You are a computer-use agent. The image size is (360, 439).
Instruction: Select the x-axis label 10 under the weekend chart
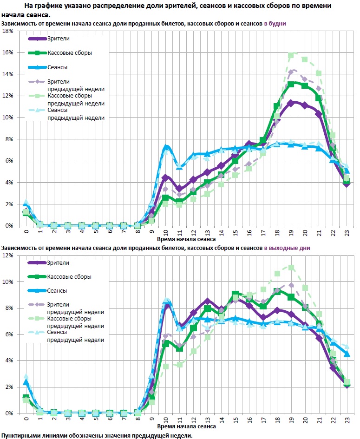click(165, 419)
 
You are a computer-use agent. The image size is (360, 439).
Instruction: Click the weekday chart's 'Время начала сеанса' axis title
click(186, 240)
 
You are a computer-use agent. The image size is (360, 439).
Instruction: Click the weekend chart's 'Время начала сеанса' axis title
click(186, 426)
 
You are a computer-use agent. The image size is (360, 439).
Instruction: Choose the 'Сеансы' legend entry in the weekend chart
click(57, 290)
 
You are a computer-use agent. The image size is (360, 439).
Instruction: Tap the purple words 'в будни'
click(275, 23)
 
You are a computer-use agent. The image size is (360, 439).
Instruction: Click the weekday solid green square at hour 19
click(291, 85)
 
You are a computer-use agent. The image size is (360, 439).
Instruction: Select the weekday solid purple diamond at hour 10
click(165, 177)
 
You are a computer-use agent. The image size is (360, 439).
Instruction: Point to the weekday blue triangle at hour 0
click(26, 203)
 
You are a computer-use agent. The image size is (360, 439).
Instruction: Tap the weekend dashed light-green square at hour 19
click(291, 268)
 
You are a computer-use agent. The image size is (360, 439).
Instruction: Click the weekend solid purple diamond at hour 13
click(208, 301)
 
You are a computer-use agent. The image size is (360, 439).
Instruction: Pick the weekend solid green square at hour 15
click(236, 294)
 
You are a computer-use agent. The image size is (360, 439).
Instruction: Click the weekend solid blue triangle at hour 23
click(347, 354)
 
